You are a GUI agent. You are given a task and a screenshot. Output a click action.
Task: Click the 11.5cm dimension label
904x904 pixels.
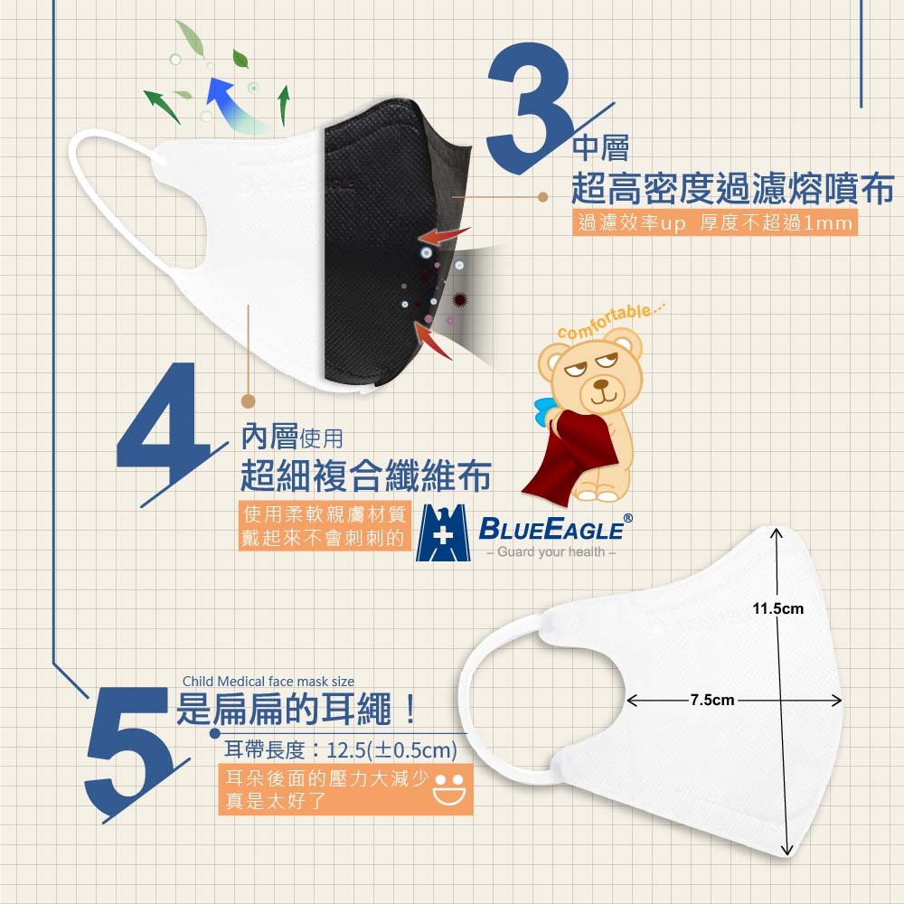coord(777,608)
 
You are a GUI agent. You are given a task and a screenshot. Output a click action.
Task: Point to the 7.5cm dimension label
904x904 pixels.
coord(712,700)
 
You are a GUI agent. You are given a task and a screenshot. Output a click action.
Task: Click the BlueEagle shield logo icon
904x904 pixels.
coord(443,532)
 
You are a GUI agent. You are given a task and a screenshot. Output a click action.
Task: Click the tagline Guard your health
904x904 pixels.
coord(551,551)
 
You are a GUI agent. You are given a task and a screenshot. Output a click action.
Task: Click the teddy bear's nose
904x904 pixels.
coord(601,383)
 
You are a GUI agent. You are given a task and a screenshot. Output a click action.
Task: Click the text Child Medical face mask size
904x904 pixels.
coord(268,681)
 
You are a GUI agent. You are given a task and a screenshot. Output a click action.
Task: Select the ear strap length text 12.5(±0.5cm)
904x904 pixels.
coord(391,749)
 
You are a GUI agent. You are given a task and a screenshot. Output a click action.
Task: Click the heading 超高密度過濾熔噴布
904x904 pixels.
coord(732,189)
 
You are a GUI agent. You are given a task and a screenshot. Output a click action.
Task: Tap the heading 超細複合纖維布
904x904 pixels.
coord(365,476)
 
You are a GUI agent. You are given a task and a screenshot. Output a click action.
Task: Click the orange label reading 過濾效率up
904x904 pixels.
coord(632,222)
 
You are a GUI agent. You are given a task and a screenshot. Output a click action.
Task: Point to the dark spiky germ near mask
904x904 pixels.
coord(459,299)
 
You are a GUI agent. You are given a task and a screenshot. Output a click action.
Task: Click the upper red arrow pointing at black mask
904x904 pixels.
coord(444,235)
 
